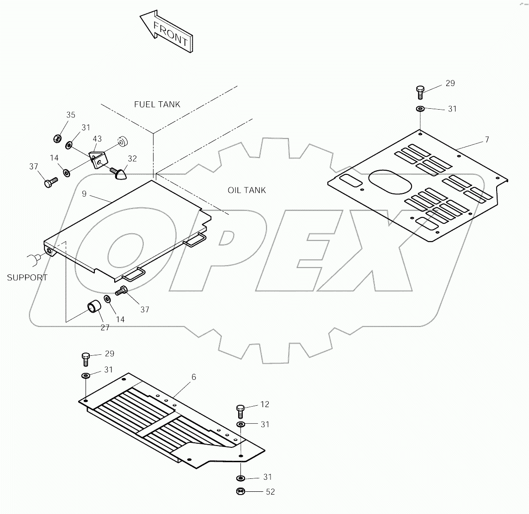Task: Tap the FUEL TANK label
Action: (x=157, y=105)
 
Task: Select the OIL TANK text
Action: (x=246, y=190)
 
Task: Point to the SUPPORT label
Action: (x=27, y=278)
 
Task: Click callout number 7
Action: (x=486, y=140)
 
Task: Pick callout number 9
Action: (x=84, y=194)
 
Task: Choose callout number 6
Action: (x=194, y=377)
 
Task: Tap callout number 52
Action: (x=270, y=492)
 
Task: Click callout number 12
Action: (x=264, y=404)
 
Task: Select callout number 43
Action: (x=97, y=139)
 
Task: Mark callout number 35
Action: (x=70, y=115)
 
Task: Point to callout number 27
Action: (x=105, y=328)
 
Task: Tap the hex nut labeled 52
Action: (x=240, y=491)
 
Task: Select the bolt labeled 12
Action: (x=240, y=410)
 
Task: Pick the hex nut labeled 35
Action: (x=57, y=138)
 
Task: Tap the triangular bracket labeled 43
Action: (x=98, y=160)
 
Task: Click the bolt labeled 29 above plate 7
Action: (x=420, y=91)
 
